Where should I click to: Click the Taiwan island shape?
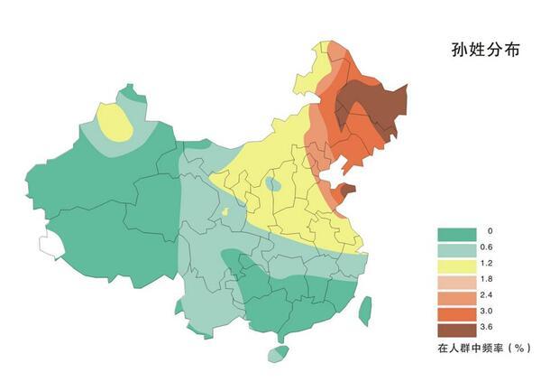365,310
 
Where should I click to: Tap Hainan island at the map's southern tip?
279,352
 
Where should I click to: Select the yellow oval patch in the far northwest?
116,123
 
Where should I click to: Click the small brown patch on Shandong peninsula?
346,190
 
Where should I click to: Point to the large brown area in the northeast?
370,108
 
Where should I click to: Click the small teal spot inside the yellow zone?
271,184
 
